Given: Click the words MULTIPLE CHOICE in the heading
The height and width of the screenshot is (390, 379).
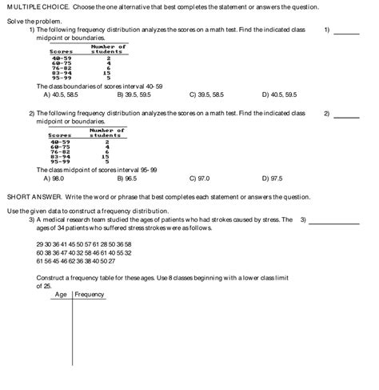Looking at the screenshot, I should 31,6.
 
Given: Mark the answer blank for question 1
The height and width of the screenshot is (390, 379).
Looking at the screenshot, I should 347,34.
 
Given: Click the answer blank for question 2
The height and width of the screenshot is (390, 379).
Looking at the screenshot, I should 347,117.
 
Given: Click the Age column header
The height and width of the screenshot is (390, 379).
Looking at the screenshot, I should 60,294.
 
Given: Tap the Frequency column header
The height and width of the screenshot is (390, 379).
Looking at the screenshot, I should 90,294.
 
